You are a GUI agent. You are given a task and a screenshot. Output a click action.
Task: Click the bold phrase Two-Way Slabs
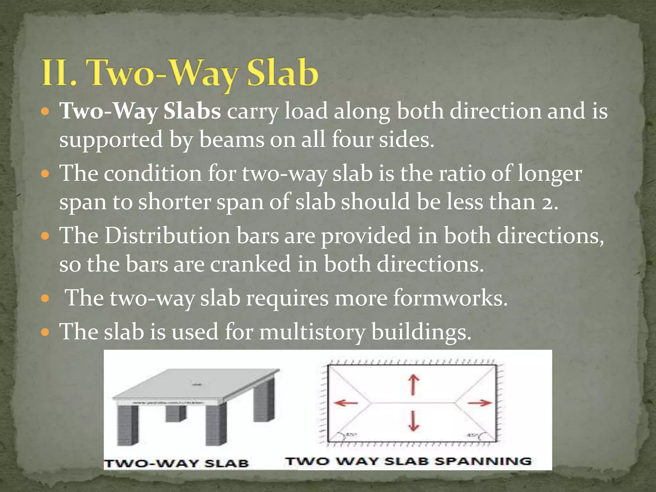140,111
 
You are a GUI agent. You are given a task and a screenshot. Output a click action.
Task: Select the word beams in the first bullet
232,140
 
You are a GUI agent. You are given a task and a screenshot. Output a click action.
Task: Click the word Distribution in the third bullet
168,235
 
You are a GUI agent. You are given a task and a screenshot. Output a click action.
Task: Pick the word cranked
250,264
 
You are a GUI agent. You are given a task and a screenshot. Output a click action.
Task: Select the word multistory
312,332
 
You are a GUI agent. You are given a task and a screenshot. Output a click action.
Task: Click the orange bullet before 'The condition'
45,174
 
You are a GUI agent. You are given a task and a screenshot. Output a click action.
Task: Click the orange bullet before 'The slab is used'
45,332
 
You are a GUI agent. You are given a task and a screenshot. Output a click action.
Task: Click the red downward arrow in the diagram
413,421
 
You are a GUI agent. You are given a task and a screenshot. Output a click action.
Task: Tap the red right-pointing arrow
479,403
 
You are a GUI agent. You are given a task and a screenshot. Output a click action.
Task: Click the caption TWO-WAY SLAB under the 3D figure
176,463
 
